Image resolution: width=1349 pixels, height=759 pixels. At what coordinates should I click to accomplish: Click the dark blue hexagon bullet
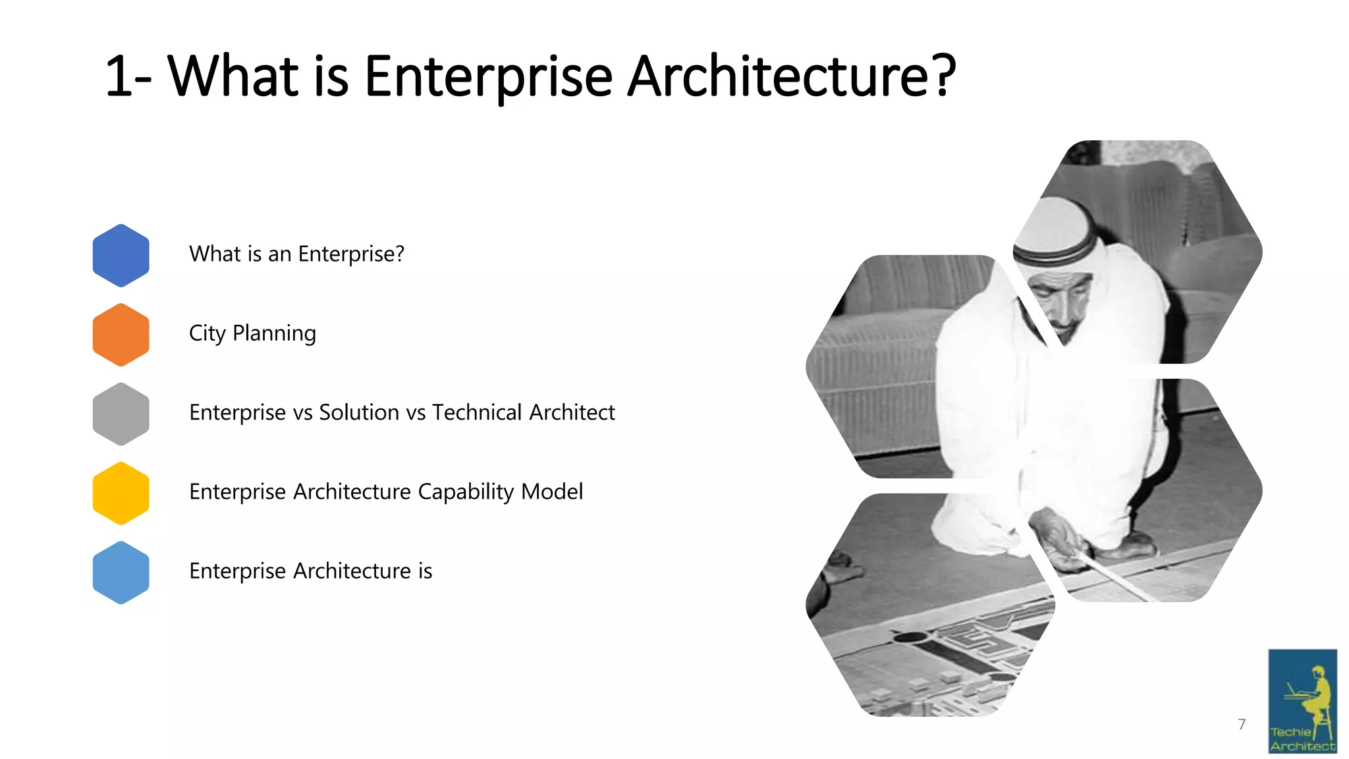click(121, 255)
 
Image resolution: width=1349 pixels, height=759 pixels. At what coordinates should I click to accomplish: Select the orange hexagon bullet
click(121, 335)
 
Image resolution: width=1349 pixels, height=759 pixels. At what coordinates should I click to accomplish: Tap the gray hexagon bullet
click(121, 414)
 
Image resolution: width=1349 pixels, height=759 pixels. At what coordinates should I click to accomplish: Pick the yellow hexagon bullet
click(121, 493)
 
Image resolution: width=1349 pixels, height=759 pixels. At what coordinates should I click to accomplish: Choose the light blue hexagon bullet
click(121, 572)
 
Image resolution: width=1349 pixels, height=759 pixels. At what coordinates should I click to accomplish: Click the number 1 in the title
click(119, 77)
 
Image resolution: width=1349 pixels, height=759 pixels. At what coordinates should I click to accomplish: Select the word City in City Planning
click(207, 333)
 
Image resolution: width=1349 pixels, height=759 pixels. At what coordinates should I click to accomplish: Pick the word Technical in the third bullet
click(477, 412)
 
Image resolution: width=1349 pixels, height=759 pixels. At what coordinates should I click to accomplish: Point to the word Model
click(552, 492)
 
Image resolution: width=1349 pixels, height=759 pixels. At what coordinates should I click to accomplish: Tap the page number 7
click(1242, 724)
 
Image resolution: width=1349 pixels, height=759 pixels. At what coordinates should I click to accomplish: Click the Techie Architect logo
click(1302, 701)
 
